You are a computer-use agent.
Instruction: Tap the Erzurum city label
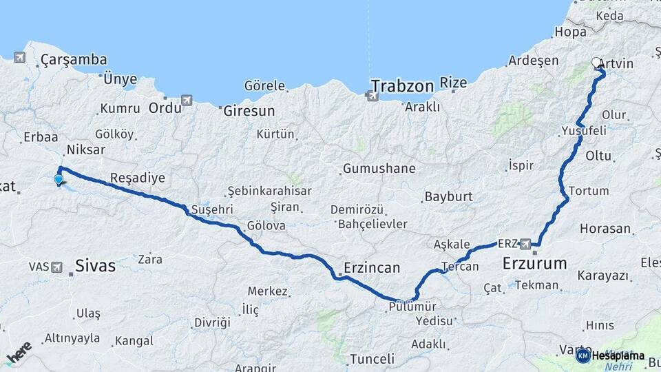click(x=534, y=263)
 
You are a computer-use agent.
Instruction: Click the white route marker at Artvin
click(x=596, y=63)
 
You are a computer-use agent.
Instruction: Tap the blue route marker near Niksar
click(x=59, y=180)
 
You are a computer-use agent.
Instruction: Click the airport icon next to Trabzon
click(x=373, y=96)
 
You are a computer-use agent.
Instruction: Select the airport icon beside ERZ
click(x=525, y=243)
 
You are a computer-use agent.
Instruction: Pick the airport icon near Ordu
click(x=186, y=101)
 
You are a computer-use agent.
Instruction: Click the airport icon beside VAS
click(x=56, y=266)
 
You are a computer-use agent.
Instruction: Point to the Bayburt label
click(x=448, y=196)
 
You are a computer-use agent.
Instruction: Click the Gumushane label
click(x=379, y=168)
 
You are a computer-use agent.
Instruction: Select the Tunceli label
click(x=372, y=359)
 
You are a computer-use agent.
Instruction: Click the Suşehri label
click(x=213, y=209)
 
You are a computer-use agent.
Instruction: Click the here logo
click(x=19, y=353)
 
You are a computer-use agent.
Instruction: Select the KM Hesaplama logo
click(x=611, y=355)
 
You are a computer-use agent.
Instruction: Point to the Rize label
click(x=453, y=83)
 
